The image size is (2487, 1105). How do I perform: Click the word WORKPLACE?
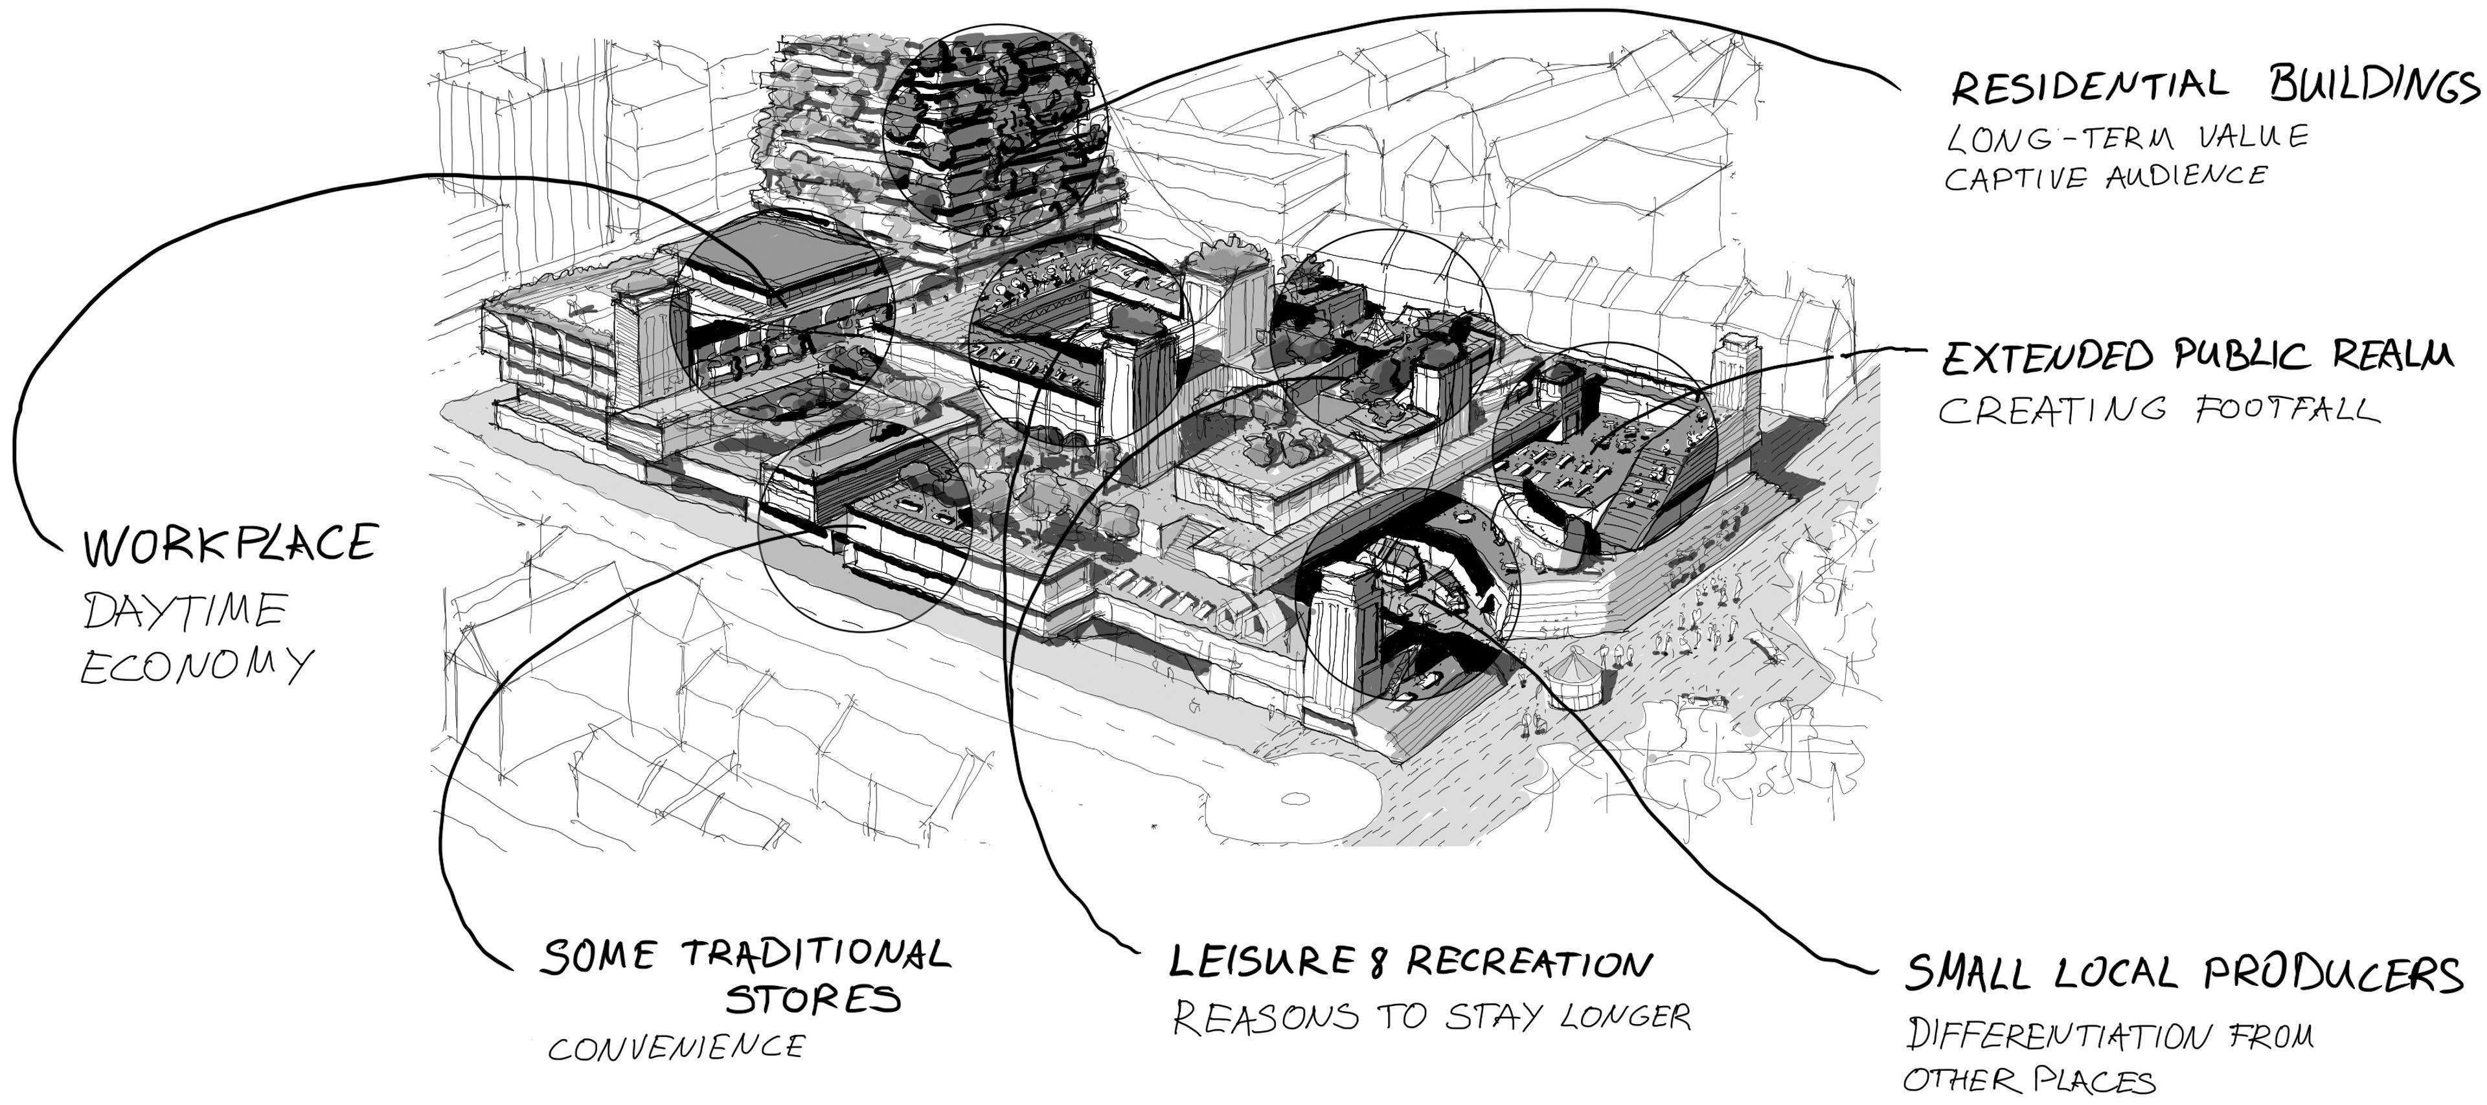pos(229,544)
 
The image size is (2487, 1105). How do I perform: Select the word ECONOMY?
pos(197,666)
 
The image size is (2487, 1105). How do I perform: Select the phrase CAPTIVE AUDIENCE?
pos(2105,177)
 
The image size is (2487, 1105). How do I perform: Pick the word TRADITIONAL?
pos(817,955)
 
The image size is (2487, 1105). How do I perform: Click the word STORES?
pos(813,999)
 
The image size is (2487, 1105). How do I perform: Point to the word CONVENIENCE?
pos(676,1047)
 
